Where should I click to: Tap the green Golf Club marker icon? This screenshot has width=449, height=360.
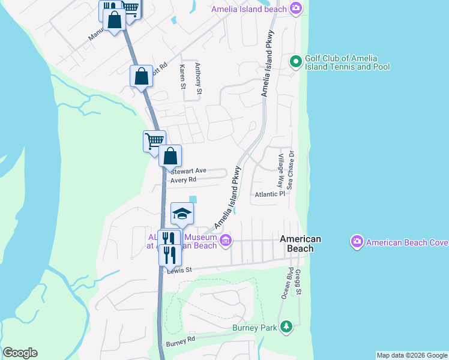pyautogui.click(x=295, y=61)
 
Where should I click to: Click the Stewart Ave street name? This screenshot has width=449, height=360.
pyautogui.click(x=188, y=171)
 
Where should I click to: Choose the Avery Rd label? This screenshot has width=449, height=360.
pyautogui.click(x=183, y=179)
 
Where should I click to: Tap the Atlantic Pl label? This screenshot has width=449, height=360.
pyautogui.click(x=270, y=194)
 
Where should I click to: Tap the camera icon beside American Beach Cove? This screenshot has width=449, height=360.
pyautogui.click(x=357, y=242)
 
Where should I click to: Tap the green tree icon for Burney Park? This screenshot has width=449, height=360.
pyautogui.click(x=287, y=327)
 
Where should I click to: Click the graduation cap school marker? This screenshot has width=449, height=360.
pyautogui.click(x=182, y=214)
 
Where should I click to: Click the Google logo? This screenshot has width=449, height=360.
pyautogui.click(x=20, y=353)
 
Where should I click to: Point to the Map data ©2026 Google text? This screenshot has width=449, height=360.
pyautogui.click(x=412, y=355)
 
